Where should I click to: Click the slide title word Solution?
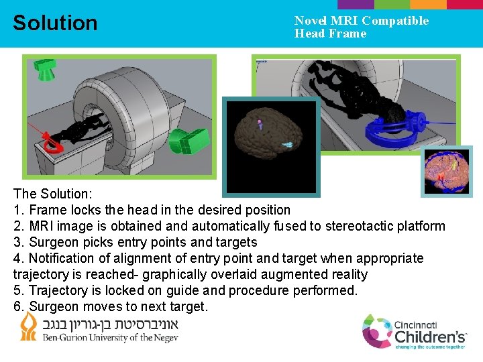pos(55,23)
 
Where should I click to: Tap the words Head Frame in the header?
pos(330,34)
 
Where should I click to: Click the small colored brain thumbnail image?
pos(446,171)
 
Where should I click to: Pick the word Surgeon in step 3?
pos(52,242)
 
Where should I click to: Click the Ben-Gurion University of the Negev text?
pos(111,337)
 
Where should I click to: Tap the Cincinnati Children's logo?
pos(415,331)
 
